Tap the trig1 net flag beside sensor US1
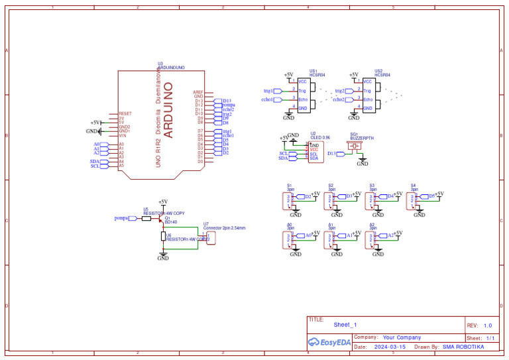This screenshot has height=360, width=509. (269, 90)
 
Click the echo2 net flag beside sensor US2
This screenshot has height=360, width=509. (339, 99)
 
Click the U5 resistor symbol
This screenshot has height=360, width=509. (146, 218)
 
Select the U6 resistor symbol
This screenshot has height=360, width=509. (163, 236)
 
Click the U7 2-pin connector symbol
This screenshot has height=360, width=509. (211, 237)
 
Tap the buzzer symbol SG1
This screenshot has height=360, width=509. (355, 146)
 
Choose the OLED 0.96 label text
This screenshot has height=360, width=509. (321, 137)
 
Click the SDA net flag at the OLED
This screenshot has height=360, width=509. (284, 158)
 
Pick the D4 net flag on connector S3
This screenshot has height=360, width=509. (390, 196)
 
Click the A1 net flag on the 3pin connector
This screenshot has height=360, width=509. (349, 235)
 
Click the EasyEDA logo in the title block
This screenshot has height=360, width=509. (329, 342)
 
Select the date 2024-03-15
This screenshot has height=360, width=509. (390, 347)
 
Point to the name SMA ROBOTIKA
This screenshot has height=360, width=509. (463, 347)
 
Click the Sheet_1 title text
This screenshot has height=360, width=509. (345, 325)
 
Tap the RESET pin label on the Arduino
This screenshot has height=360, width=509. (125, 113)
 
